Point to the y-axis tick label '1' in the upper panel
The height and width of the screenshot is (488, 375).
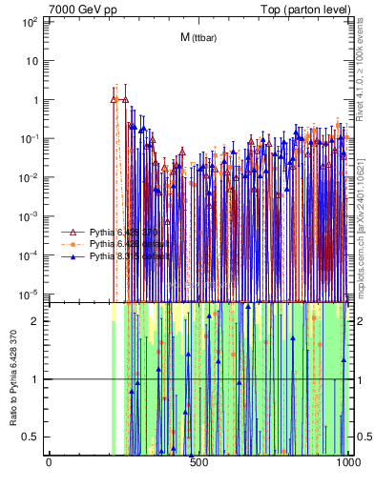pyautogui.click(x=34, y=99)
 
